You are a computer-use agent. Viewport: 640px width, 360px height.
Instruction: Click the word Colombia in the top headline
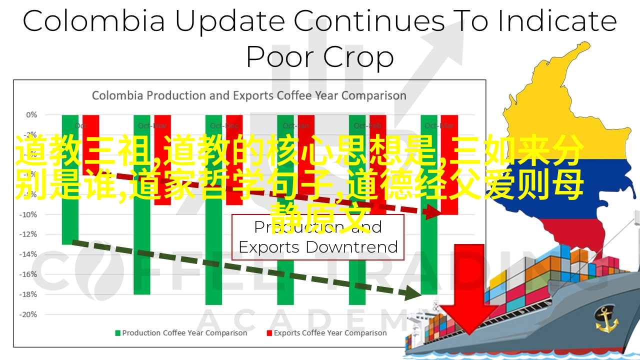(94, 21)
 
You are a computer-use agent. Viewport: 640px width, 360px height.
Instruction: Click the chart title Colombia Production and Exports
(248, 95)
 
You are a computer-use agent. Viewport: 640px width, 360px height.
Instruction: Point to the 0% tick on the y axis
(31, 115)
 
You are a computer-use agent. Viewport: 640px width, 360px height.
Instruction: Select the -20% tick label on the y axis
(29, 314)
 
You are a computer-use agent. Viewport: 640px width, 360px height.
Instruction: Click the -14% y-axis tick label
(29, 254)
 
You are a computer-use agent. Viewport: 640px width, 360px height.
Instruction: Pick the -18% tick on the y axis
(29, 294)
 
